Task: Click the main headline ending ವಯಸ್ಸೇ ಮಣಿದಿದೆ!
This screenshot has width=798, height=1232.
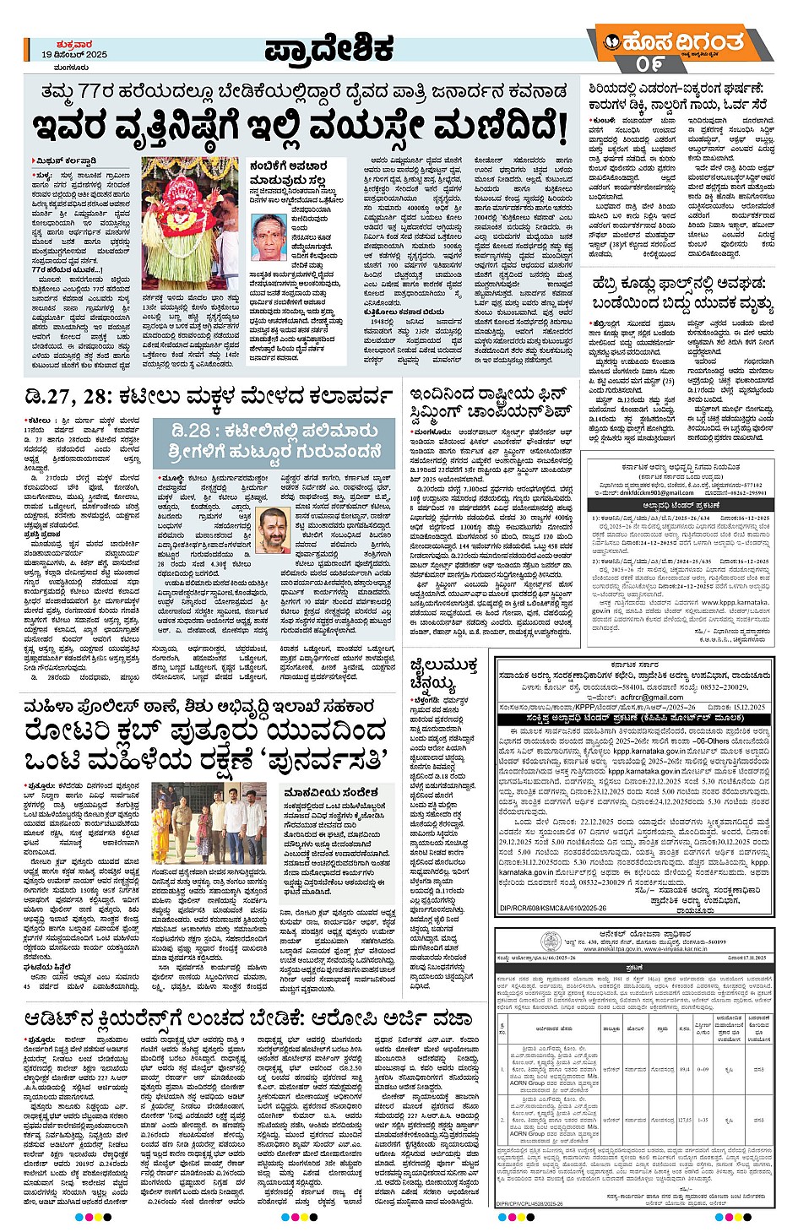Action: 301,128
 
